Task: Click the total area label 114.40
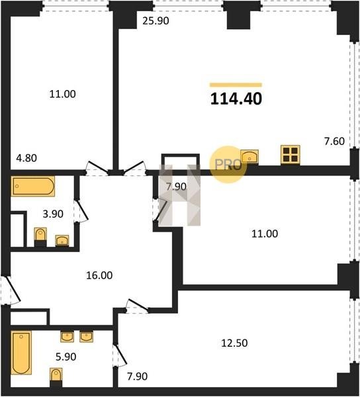tap(236, 99)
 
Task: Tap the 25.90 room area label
tap(156, 21)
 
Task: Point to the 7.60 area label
tap(334, 142)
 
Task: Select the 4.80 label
tap(26, 158)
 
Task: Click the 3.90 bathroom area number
tap(53, 214)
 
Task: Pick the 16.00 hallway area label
tap(99, 275)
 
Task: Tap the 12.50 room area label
tap(234, 343)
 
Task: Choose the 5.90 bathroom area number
tap(66, 357)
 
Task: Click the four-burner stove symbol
tap(290, 154)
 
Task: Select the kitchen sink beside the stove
tap(249, 156)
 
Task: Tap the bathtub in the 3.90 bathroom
tap(33, 186)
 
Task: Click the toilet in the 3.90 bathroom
tap(40, 237)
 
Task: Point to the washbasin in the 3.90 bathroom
tap(62, 240)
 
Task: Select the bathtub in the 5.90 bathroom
tap(21, 353)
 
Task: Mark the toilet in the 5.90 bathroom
tap(56, 378)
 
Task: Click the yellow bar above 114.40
tap(236, 85)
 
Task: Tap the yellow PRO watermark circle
tap(228, 165)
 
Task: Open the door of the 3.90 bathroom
tap(81, 210)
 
